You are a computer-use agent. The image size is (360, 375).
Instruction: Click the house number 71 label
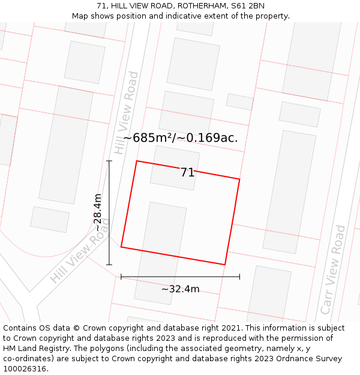pos(188,173)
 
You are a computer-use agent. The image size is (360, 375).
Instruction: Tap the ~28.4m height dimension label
pos(98,213)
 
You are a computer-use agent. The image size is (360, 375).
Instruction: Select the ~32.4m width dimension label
pos(180,289)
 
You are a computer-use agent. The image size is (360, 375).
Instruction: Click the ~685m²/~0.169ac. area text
pos(181,138)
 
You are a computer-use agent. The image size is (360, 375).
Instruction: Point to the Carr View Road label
pos(333,269)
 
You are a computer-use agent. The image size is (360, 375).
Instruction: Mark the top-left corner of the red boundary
pos(137,161)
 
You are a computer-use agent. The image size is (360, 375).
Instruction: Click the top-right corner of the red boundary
pos(239,179)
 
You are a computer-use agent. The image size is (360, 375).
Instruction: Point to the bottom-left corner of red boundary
pos(121,247)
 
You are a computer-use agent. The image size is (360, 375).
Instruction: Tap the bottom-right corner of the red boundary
pos(224,265)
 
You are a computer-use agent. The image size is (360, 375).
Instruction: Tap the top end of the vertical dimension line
pos(109,161)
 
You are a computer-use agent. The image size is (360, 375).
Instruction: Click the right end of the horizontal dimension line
pos(239,277)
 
